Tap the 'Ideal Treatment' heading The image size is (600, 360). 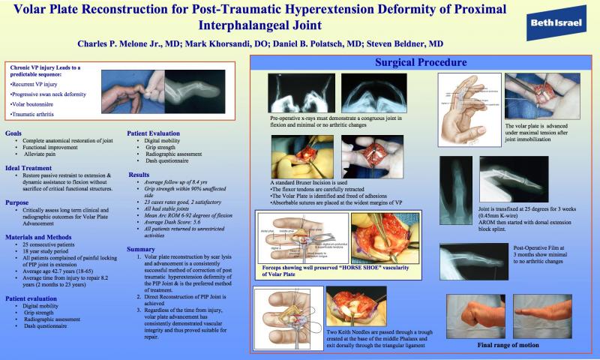pos(29,169)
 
